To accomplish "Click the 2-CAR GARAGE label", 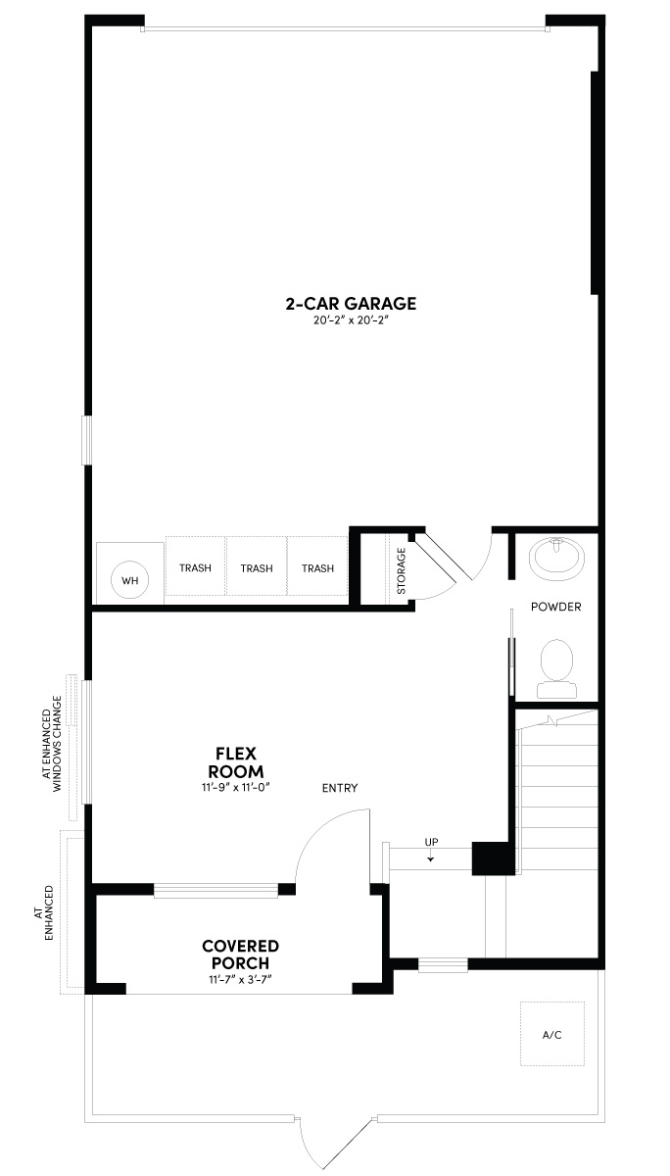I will pos(351,304).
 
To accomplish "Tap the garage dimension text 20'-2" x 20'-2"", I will pos(351,320).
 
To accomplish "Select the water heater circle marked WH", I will pos(129,580).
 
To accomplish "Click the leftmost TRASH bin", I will pos(196,568).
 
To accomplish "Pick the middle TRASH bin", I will pos(257,568).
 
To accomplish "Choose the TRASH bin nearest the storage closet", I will pos(317,568).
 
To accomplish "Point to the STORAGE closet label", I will pos(401,570).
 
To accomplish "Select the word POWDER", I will pos(556,607).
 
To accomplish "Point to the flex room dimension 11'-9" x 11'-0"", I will pos(236,786).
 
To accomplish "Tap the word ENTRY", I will pos(340,788).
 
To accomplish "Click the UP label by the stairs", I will pos(431,842).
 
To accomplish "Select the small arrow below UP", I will pos(431,858).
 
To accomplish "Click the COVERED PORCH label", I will pos(241,955).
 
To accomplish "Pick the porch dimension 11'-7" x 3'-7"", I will pos(241,979).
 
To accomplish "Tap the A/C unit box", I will pos(552,1034).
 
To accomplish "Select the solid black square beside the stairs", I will pos(493,857).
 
